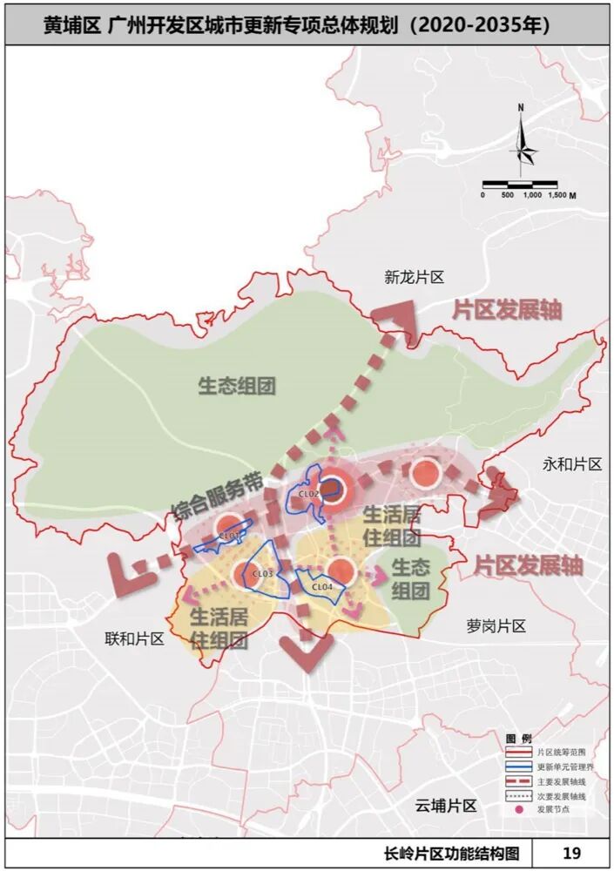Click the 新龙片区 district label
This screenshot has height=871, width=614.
tap(415, 278)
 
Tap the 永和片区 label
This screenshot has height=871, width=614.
tap(571, 464)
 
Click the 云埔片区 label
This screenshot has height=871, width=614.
tap(445, 805)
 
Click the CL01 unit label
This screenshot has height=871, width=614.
tap(229, 535)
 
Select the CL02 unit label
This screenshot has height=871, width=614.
tap(310, 494)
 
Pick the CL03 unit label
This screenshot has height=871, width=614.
tap(263, 574)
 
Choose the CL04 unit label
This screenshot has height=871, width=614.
tap(321, 587)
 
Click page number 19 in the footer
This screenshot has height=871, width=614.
tap(571, 853)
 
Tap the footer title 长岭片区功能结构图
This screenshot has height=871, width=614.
tap(455, 853)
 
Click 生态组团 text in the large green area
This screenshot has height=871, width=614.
tap(237, 385)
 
